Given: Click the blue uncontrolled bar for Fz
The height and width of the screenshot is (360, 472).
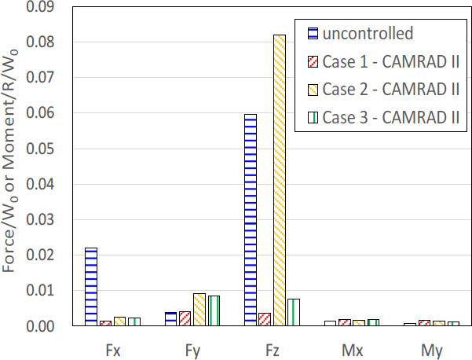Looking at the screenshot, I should [251, 220].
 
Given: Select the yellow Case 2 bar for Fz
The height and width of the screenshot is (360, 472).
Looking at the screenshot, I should [280, 180].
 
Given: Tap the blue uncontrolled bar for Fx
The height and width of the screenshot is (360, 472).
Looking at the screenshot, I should [91, 286].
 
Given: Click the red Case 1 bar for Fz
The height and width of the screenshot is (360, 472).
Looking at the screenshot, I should [265, 319].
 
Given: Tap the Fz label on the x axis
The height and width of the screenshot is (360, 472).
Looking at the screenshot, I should [271, 347].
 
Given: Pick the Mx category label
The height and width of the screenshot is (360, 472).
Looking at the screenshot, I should [351, 347].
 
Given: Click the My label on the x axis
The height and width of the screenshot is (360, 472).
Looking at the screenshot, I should [431, 347].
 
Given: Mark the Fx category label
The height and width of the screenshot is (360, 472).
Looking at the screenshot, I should [112, 347].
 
